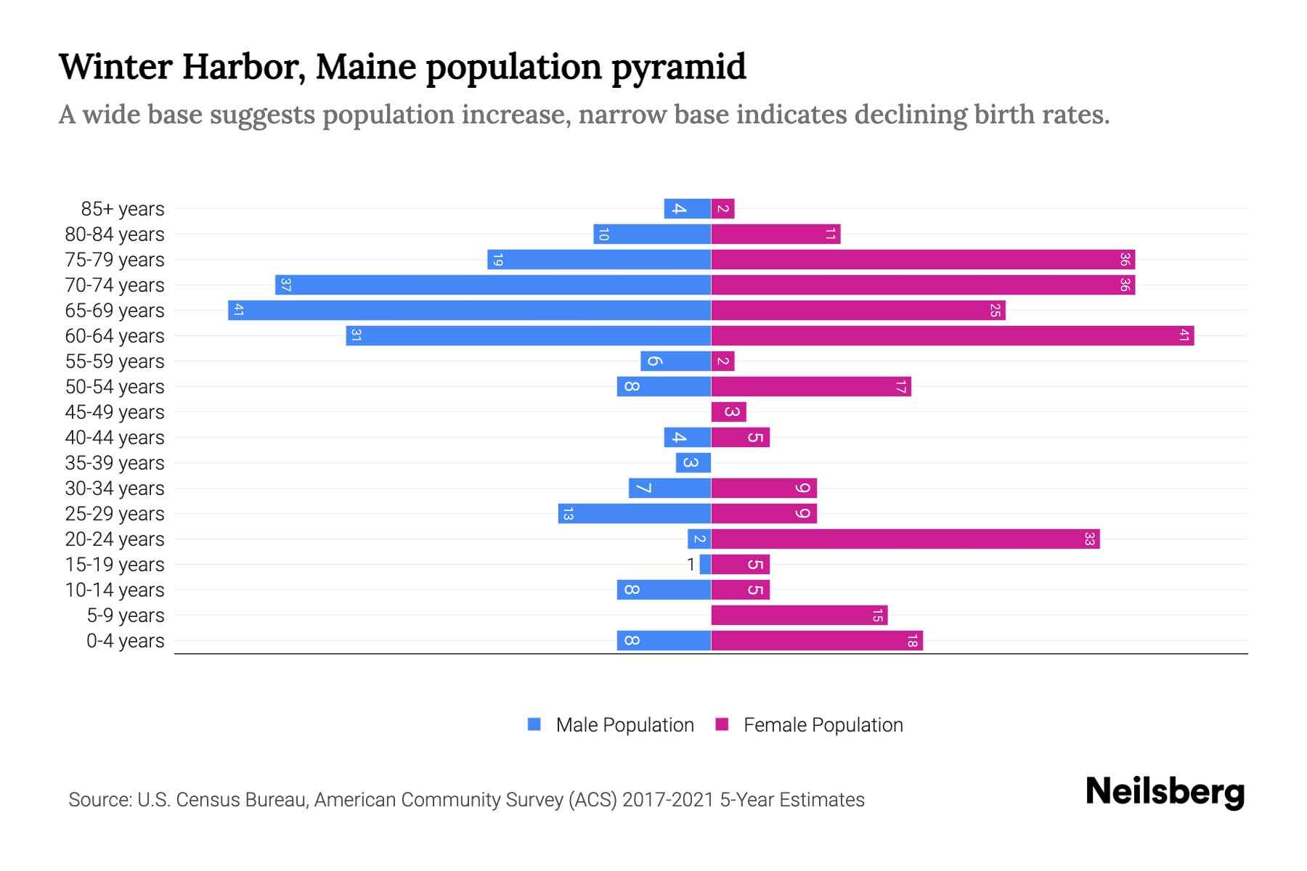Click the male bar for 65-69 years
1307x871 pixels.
(x=469, y=311)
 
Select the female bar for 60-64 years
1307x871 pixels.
(x=953, y=336)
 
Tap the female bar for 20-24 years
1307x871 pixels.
(x=905, y=539)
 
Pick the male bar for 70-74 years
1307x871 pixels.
(x=493, y=285)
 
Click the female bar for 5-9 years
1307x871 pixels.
(x=799, y=616)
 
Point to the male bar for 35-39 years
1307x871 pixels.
(x=693, y=463)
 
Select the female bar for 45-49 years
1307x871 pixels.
(x=728, y=412)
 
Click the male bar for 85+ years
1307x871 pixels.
(x=687, y=209)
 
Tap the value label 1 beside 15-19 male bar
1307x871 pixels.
(x=691, y=565)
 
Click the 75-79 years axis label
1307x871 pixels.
(x=115, y=260)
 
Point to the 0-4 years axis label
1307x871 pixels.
(x=125, y=641)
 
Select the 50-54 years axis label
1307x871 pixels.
(x=115, y=387)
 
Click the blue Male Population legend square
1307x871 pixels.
(x=534, y=724)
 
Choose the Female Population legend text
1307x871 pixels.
(x=823, y=725)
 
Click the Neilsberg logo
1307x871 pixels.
(x=1165, y=792)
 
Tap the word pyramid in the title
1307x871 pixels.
(x=678, y=68)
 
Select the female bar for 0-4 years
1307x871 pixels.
(x=817, y=641)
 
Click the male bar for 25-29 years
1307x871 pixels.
(x=634, y=514)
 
